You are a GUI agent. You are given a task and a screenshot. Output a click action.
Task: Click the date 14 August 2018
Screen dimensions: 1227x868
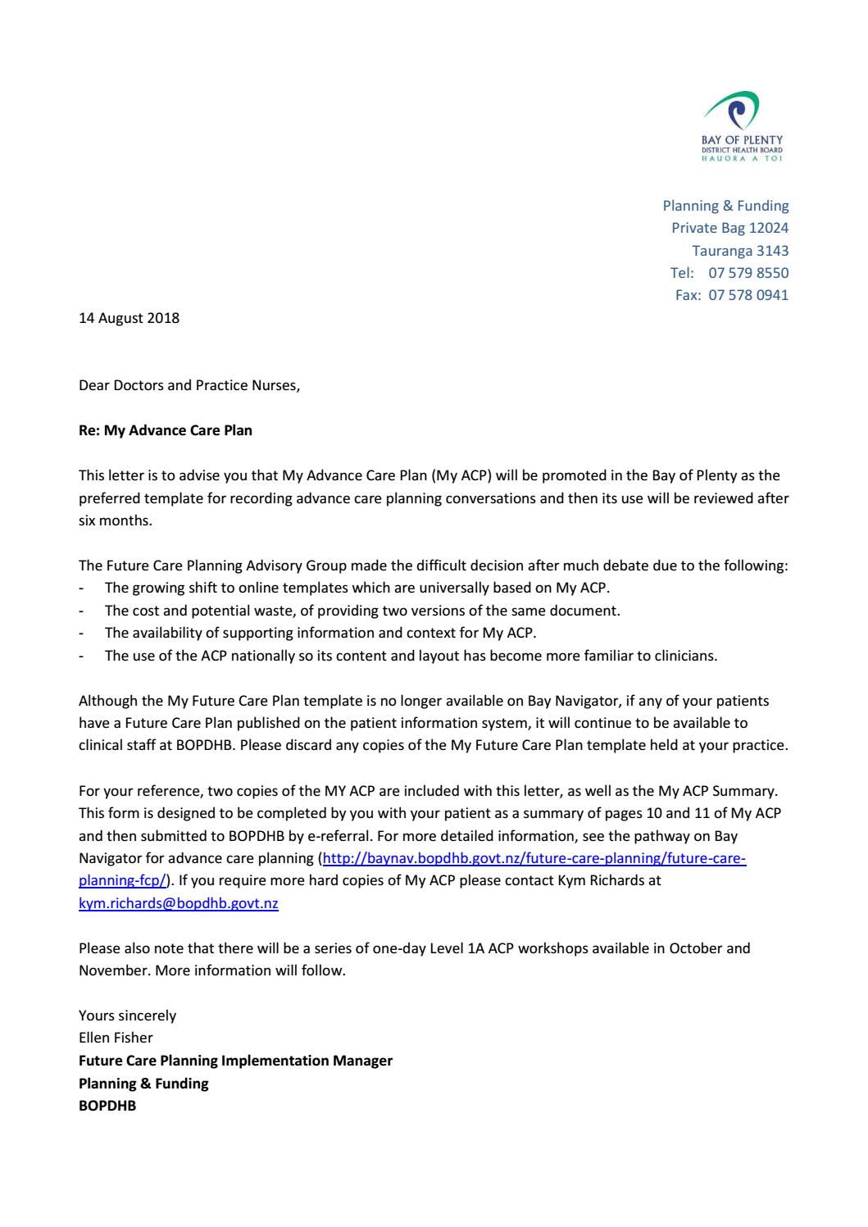129,318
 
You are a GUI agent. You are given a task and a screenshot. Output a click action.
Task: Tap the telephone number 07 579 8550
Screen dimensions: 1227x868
748,272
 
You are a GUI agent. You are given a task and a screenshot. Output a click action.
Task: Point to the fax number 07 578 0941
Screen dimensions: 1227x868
748,295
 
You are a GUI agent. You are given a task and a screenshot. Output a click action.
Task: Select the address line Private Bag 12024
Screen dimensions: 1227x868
729,228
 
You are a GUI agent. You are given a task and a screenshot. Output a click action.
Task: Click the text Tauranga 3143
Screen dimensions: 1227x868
740,250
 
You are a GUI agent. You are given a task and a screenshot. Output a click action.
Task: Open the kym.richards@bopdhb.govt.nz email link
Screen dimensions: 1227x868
178,903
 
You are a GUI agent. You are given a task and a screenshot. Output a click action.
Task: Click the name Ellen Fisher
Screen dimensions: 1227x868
116,1038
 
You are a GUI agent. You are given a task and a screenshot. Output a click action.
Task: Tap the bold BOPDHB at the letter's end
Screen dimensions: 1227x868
107,1106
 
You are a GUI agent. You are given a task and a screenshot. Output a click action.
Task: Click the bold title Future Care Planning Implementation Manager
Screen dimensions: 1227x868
235,1061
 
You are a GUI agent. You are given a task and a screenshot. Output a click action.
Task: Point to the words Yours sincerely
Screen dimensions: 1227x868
127,1016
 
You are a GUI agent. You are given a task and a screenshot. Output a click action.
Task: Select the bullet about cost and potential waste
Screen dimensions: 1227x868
362,610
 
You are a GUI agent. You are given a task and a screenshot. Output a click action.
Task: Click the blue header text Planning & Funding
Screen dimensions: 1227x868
725,206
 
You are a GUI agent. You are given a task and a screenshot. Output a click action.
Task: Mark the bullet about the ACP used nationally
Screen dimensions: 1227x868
411,655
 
